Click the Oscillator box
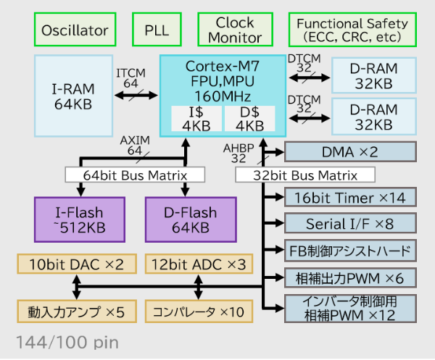click(x=75, y=30)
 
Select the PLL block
click(x=157, y=30)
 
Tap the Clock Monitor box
click(x=236, y=30)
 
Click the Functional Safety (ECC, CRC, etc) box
click(x=352, y=30)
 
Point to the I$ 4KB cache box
click(x=196, y=119)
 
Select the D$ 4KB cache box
click(x=249, y=119)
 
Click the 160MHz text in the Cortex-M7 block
click(x=223, y=96)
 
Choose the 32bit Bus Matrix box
click(x=305, y=175)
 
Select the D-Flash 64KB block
click(x=191, y=219)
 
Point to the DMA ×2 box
click(x=350, y=151)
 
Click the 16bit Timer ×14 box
click(x=350, y=198)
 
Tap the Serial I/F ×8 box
click(x=350, y=224)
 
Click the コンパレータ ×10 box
click(x=199, y=312)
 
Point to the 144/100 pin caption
click(x=67, y=342)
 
